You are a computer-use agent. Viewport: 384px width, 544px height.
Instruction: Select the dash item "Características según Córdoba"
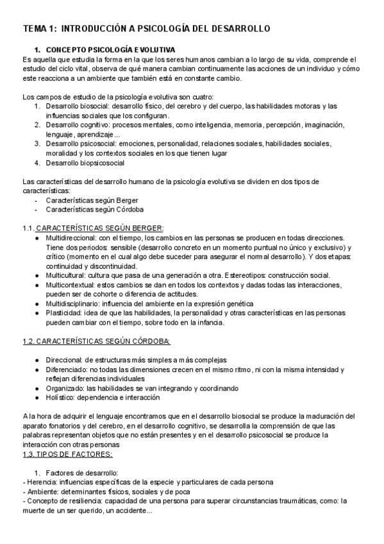pos(95,209)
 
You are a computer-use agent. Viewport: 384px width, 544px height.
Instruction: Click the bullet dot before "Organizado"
pos(39,388)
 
